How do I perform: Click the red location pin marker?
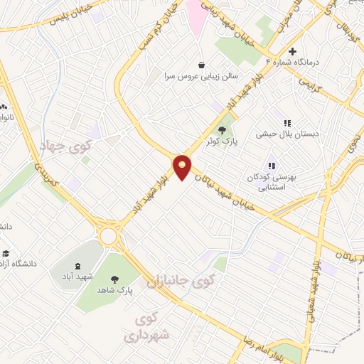click(x=183, y=167)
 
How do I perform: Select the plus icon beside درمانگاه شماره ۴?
click(x=292, y=51)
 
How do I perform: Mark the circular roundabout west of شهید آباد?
click(x=109, y=235)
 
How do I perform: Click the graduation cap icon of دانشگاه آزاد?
click(x=6, y=254)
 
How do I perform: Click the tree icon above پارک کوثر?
click(x=223, y=130)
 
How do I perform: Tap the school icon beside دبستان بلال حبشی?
click(x=287, y=123)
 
